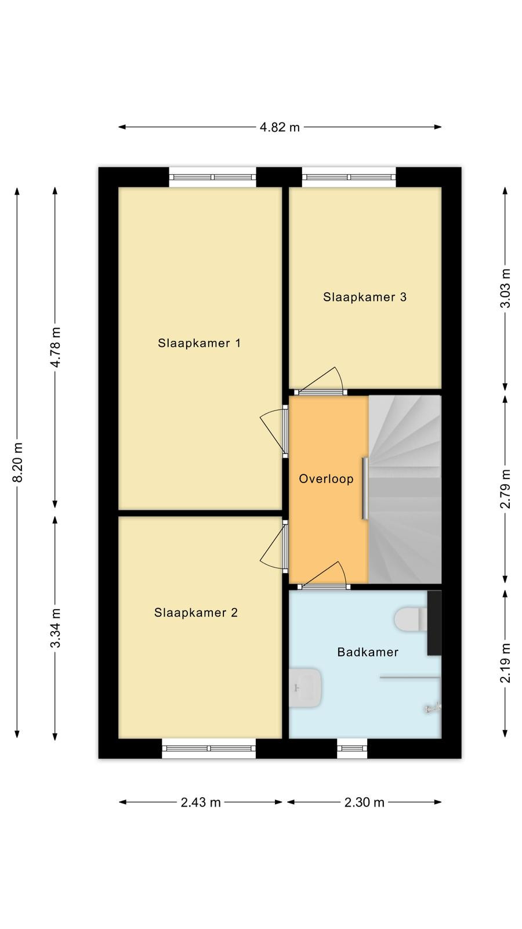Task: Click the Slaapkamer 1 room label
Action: click(199, 343)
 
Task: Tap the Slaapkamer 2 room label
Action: click(196, 613)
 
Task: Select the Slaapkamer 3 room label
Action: click(365, 297)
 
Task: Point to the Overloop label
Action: click(326, 478)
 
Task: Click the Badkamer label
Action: click(368, 652)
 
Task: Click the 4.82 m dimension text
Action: click(280, 127)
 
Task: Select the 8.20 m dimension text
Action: click(17, 462)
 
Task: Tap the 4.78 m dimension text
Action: click(56, 347)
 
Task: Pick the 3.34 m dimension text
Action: click(56, 628)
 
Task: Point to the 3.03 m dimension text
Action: click(505, 288)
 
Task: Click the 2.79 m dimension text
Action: click(505, 488)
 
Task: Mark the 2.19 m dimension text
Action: click(505, 662)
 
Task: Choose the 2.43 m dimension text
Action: click(201, 802)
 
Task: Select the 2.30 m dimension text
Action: click(365, 802)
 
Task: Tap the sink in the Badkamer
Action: click(305, 687)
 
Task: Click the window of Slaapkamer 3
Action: click(349, 177)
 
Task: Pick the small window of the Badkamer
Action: click(352, 748)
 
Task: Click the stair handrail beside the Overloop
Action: click(365, 488)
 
